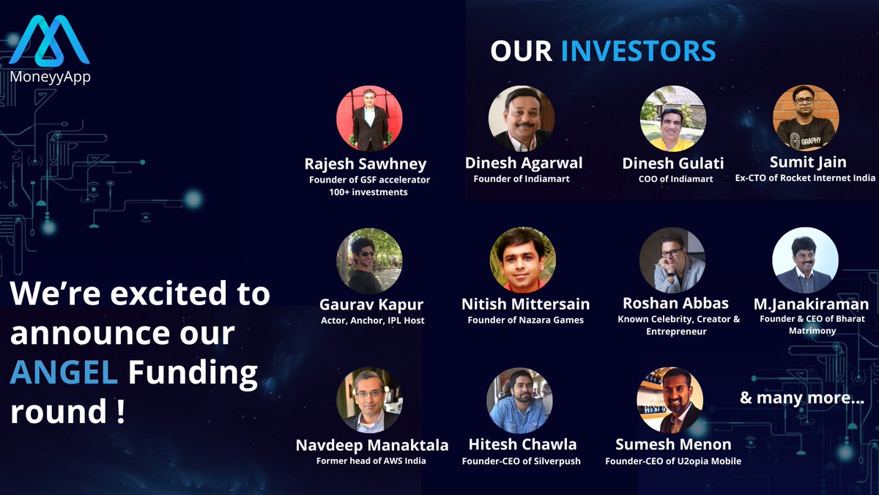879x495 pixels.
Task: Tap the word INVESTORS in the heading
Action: pos(638,51)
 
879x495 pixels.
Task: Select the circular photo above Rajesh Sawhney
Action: pos(369,119)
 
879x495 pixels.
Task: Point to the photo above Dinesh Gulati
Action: pos(672,119)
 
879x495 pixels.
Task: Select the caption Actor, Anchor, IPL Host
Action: pos(371,320)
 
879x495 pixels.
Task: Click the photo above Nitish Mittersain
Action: pos(522,260)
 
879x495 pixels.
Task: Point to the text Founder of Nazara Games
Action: pos(524,320)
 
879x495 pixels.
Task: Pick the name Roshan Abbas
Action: pos(675,304)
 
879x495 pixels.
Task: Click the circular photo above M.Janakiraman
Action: pos(805,260)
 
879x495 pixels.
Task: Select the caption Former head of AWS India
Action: pos(371,461)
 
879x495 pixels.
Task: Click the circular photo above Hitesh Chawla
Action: pos(519,400)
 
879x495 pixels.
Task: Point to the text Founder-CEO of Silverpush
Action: pos(522,461)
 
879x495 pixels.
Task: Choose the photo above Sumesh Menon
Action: pos(670,400)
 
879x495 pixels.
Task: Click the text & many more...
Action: pos(801,399)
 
